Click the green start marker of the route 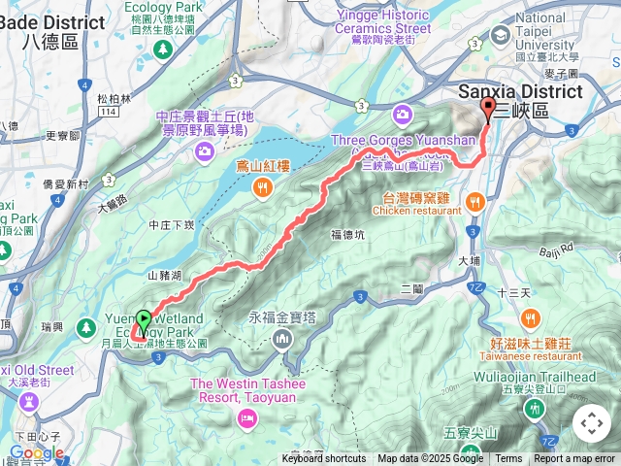tap(144, 320)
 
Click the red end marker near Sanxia tap(487, 110)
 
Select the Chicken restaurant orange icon tap(474, 202)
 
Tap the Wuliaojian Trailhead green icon tap(534, 409)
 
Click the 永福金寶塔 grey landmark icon tap(281, 339)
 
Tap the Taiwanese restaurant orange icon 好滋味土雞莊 tap(531, 318)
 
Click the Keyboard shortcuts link tap(324, 459)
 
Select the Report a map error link tap(574, 459)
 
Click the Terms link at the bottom tap(508, 459)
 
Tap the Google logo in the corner tap(36, 452)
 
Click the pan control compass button tap(592, 423)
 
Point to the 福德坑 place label tap(347, 234)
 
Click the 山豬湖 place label tap(165, 276)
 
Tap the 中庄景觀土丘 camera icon tap(205, 150)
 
